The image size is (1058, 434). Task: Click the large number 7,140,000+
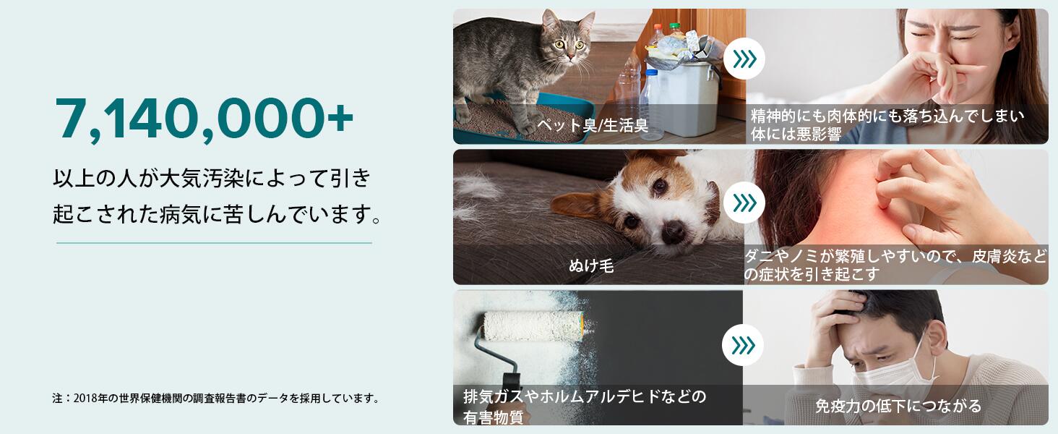[204, 119]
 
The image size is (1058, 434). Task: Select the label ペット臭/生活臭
[593, 125]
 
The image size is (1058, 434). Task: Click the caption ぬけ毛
[591, 265]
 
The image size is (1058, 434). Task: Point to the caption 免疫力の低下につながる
[898, 406]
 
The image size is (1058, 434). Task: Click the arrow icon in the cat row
[744, 59]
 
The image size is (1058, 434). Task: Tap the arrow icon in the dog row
[744, 203]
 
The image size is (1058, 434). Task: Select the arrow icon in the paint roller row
[743, 345]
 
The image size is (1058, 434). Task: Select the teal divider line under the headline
[214, 243]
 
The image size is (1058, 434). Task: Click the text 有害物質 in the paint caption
[493, 417]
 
